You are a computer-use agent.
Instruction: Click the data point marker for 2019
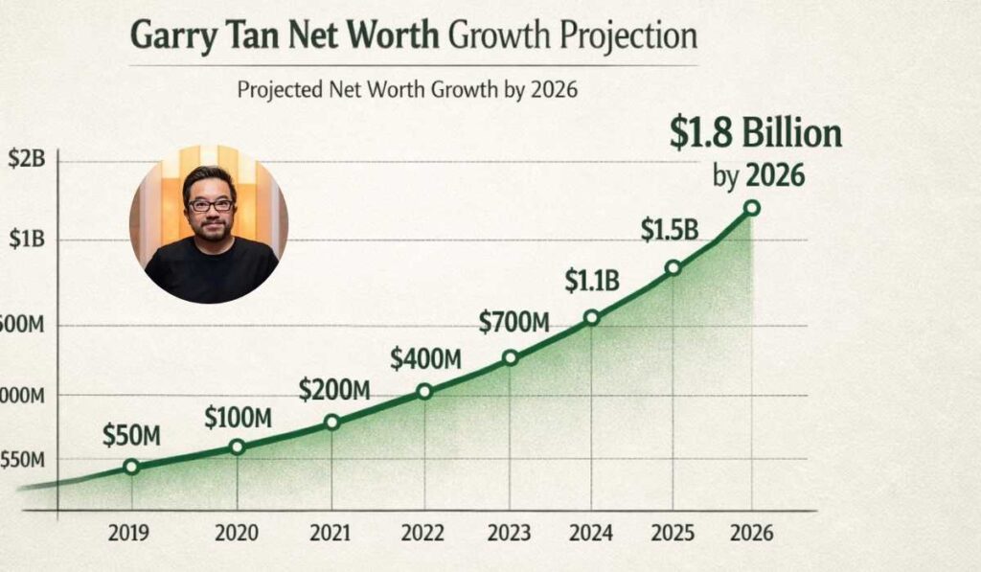click(131, 467)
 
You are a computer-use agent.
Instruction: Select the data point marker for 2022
click(424, 391)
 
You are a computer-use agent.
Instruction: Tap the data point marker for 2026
click(752, 208)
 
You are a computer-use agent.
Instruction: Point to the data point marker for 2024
click(591, 317)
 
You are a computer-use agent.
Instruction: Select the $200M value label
click(333, 390)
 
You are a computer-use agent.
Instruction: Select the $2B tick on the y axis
click(26, 161)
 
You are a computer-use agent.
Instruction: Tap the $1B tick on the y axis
click(26, 240)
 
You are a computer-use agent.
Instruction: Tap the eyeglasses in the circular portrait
click(210, 205)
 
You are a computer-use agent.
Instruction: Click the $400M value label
click(425, 359)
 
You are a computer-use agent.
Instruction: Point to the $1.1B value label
click(591, 281)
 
